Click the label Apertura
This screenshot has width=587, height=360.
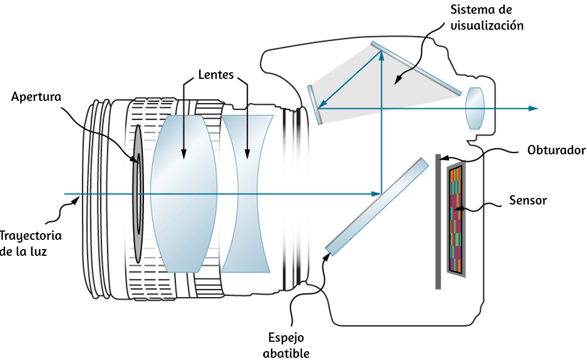coord(36,96)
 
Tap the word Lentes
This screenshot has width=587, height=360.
coord(216,74)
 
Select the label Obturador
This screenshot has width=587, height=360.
coord(556,150)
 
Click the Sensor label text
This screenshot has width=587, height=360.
coord(528,200)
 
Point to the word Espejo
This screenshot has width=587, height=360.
coord(286,338)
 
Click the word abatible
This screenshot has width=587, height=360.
coord(286,353)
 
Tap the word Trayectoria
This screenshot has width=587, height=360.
coord(31,236)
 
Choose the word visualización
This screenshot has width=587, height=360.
coord(487,25)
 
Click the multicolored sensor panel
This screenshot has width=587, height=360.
coord(456,219)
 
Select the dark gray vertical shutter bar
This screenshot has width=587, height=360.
coord(438,222)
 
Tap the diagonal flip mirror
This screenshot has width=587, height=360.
coord(377,207)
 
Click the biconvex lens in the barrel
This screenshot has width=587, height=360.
coord(183,194)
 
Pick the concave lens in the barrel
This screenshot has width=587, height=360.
coord(247,194)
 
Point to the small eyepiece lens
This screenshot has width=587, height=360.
coord(475,108)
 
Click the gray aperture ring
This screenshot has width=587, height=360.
coord(138,194)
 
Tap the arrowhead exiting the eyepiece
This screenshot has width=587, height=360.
coord(533,109)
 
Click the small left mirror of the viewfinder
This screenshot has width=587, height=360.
coord(315,105)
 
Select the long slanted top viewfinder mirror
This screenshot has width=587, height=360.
coord(416,68)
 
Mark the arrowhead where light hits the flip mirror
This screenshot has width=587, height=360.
coord(376,194)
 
